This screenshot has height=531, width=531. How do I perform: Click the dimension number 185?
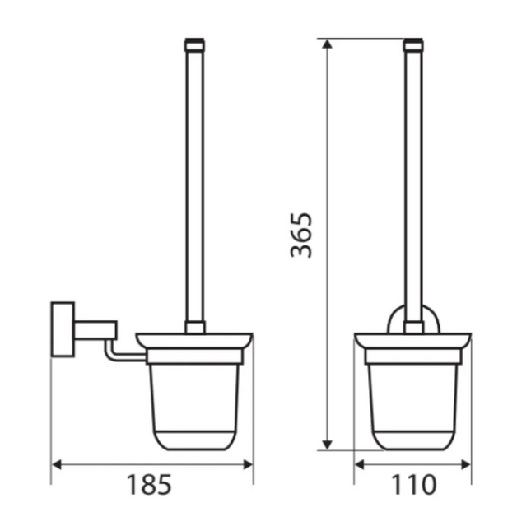pyautogui.click(x=151, y=486)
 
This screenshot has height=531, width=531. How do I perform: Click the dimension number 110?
pyautogui.click(x=412, y=486)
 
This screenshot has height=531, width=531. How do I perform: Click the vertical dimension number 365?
pyautogui.click(x=301, y=235)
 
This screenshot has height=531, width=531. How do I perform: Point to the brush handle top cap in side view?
pyautogui.click(x=194, y=42)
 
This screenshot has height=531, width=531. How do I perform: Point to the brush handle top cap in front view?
pyautogui.click(x=413, y=42)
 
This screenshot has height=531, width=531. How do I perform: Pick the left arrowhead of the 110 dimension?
pyautogui.click(x=360, y=464)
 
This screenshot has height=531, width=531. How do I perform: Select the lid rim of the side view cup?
pyautogui.click(x=194, y=339)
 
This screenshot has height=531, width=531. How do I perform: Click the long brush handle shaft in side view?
pyautogui.click(x=194, y=181)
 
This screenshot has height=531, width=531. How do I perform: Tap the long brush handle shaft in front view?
pyautogui.click(x=413, y=181)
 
